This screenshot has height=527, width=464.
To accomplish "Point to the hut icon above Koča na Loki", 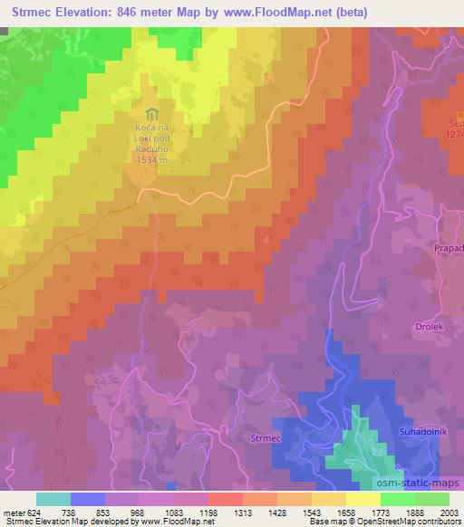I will (152, 115).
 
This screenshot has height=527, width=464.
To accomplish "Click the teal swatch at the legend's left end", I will (53, 499).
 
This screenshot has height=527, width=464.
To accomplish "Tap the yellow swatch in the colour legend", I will (362, 499).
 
